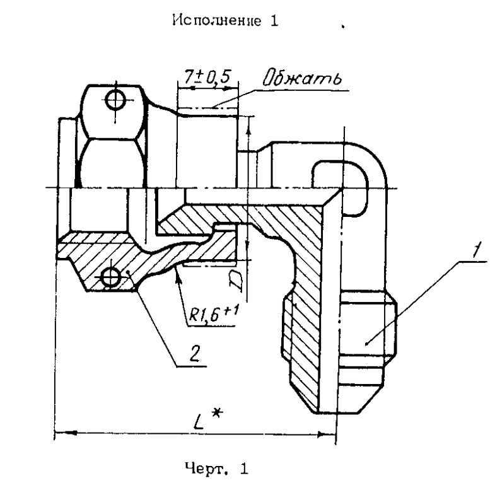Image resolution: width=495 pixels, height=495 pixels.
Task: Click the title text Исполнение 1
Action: [x=225, y=21]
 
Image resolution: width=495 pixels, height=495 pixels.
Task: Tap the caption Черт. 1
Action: [x=216, y=469]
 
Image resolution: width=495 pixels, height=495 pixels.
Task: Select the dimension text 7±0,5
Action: [x=207, y=78]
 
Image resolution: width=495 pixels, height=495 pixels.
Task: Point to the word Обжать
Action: [x=303, y=77]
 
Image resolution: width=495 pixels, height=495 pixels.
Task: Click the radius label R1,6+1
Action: [x=213, y=314]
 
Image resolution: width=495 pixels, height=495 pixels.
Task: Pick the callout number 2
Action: [x=194, y=354]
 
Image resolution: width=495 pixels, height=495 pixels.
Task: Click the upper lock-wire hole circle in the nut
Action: [x=115, y=100]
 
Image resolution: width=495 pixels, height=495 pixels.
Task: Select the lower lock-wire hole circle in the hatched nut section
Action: [x=111, y=278]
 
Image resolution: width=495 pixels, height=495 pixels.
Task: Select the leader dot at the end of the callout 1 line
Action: [x=366, y=344]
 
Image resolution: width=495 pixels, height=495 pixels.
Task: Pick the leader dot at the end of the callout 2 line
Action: [x=128, y=272]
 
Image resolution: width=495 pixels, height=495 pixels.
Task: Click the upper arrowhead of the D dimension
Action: [x=248, y=124]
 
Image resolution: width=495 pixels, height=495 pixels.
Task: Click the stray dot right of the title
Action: [x=342, y=28]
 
